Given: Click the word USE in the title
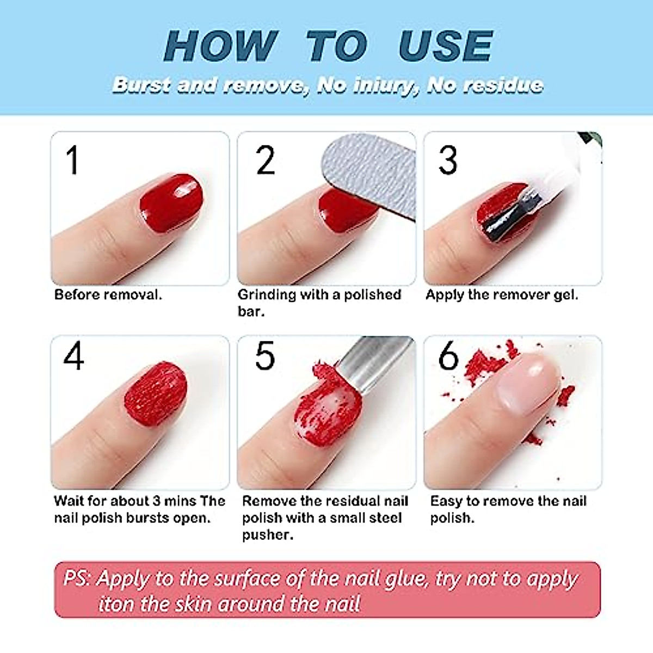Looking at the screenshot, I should (x=445, y=46).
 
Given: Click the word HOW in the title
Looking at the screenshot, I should (x=220, y=46).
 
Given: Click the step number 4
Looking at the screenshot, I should (x=73, y=356).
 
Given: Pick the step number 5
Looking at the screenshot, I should (x=265, y=356).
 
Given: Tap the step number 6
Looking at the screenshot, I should (x=449, y=356).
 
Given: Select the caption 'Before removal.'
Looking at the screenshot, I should (x=108, y=295).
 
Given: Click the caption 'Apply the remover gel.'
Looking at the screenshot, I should (x=502, y=295).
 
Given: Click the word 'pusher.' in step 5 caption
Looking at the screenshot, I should (x=267, y=535).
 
